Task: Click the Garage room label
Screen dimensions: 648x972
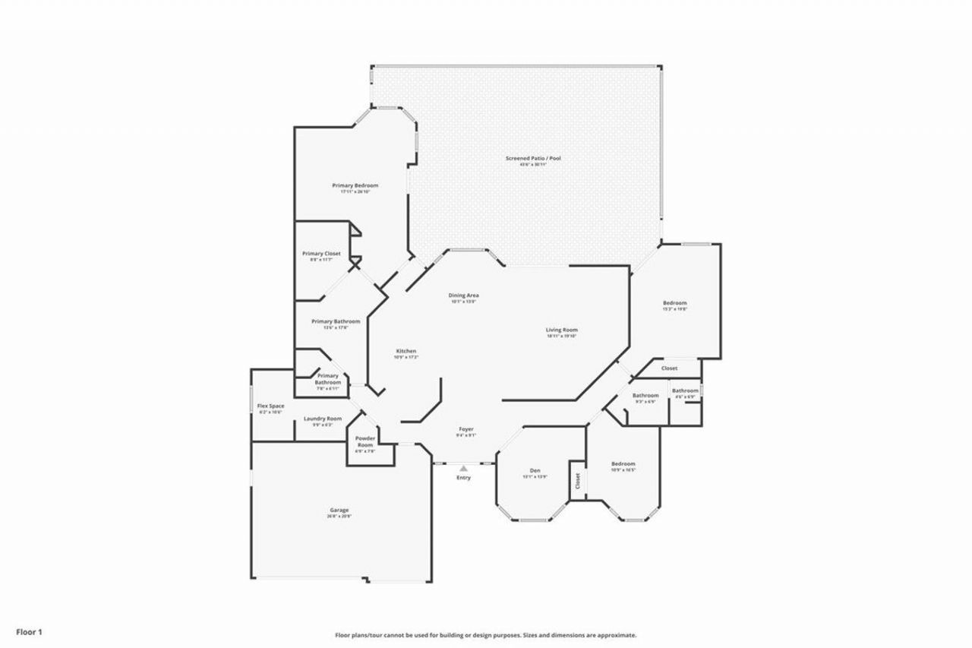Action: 339,510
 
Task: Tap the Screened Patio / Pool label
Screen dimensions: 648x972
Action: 533,158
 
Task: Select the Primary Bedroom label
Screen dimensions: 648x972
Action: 355,185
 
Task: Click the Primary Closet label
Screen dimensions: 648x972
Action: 321,253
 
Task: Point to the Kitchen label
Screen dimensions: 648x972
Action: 406,351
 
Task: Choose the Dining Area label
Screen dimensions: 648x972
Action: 463,295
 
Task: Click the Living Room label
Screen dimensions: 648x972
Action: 562,330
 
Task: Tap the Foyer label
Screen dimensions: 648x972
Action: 465,429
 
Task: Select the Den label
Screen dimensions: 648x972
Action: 535,471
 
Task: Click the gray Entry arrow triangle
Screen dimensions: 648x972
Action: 463,469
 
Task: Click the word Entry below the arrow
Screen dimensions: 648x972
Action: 463,478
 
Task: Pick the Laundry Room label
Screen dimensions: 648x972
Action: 323,419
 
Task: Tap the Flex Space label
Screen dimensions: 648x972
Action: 270,406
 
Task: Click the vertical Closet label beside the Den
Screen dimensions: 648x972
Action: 577,481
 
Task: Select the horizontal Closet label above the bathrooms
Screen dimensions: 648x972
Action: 669,368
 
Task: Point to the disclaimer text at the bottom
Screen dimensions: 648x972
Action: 486,635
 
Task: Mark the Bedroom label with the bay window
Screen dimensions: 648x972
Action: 623,463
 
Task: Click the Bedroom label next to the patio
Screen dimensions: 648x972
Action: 674,303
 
